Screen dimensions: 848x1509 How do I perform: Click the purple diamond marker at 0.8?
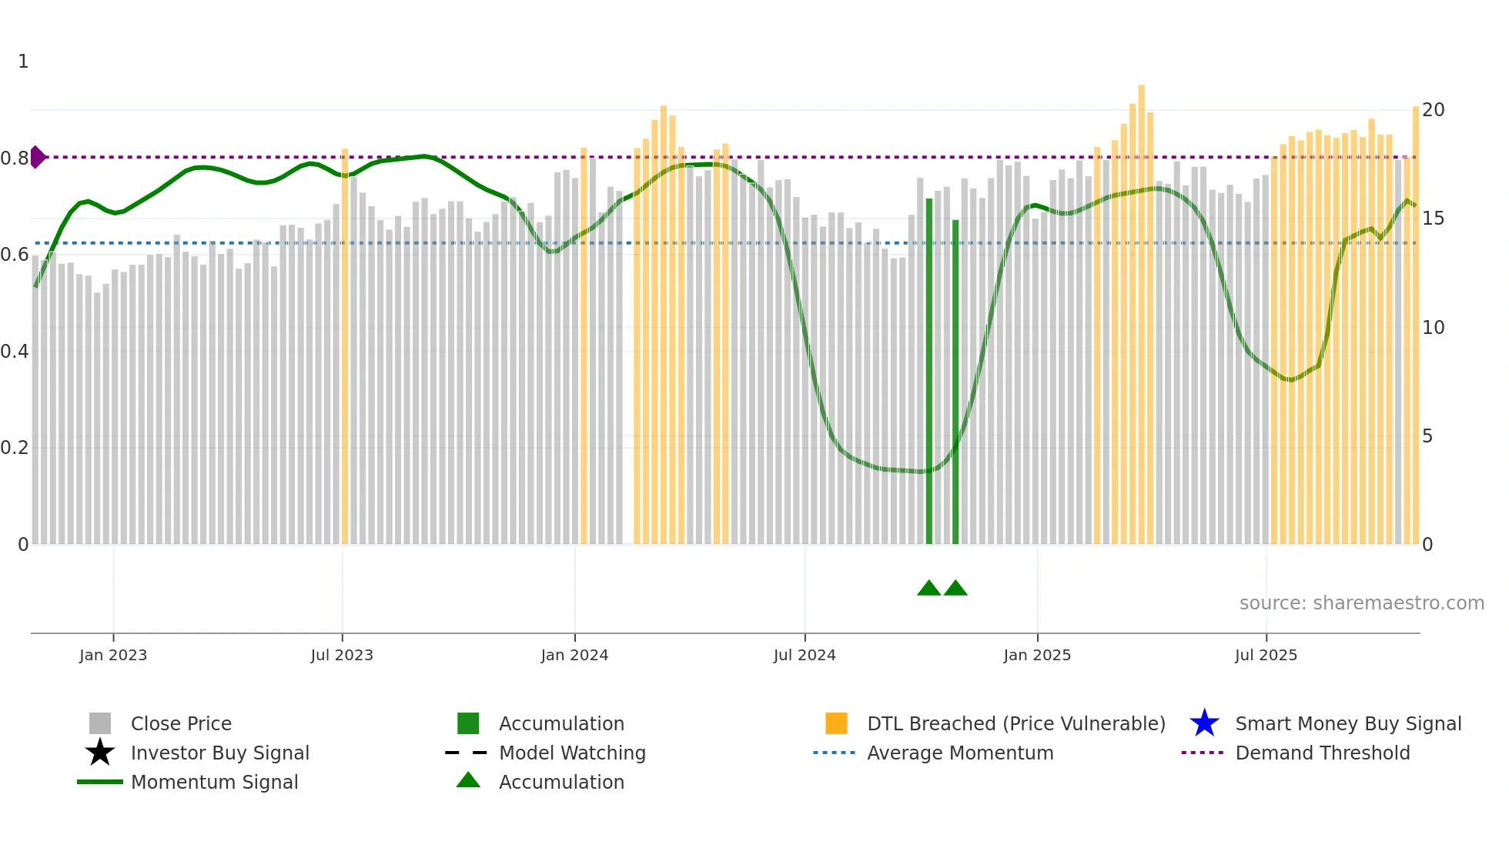click(x=37, y=157)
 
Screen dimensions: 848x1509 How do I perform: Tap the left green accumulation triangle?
click(x=928, y=589)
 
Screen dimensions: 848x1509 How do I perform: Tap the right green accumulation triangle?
click(x=955, y=589)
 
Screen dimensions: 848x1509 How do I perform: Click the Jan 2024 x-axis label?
click(x=574, y=655)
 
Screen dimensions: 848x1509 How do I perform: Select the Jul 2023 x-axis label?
click(x=342, y=655)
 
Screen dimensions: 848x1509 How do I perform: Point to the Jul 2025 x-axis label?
click(x=1266, y=655)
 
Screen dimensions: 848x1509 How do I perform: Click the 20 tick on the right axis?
click(x=1433, y=110)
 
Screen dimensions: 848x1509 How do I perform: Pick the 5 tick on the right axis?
click(x=1427, y=436)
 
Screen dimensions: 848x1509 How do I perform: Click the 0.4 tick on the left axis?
click(x=15, y=352)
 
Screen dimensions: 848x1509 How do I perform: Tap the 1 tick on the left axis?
click(x=23, y=62)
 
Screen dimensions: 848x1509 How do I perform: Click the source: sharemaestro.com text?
click(x=1361, y=603)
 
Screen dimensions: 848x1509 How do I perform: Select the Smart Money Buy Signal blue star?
click(x=1204, y=723)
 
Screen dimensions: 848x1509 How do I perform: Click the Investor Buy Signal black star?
click(x=100, y=753)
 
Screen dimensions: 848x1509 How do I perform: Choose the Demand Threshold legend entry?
click(x=1322, y=753)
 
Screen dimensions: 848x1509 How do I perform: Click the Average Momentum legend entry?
click(x=959, y=753)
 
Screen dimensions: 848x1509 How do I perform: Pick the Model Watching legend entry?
click(x=571, y=753)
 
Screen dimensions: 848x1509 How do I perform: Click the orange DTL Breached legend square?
click(x=836, y=723)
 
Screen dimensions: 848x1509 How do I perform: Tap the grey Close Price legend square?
click(x=100, y=723)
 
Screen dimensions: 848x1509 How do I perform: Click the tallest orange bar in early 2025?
click(x=1141, y=308)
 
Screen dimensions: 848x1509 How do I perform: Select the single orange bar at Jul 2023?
click(x=345, y=346)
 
